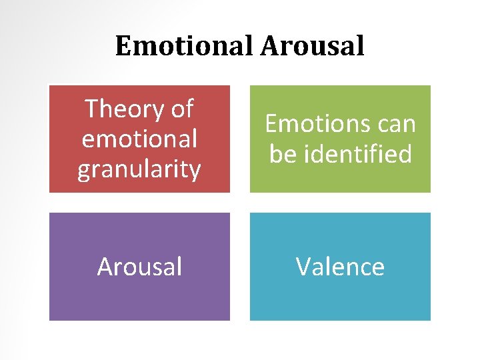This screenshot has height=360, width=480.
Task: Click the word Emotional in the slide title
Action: point(185,46)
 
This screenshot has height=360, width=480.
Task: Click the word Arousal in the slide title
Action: point(313,46)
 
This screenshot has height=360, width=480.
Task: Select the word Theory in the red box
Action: point(127,109)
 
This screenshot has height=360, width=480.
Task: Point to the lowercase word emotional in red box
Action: point(139,139)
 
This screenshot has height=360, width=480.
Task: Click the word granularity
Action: point(139,169)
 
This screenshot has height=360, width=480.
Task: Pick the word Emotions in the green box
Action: point(307,123)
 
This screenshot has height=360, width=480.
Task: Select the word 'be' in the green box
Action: point(282,154)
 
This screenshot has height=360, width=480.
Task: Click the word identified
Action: point(355,154)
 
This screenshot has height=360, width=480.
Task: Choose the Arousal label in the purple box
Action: point(139,267)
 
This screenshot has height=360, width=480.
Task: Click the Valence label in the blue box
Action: point(340,267)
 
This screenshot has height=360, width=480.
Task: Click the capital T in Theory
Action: point(92,109)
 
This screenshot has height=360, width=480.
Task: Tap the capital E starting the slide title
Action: point(123,46)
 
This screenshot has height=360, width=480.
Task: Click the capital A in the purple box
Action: point(105,267)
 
